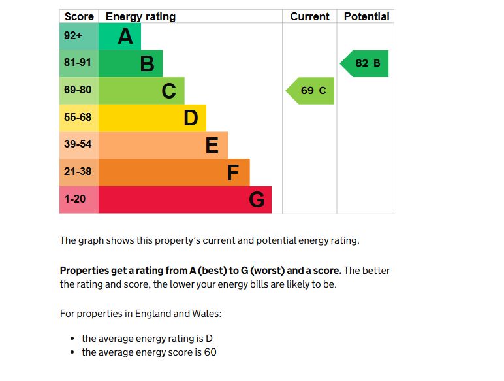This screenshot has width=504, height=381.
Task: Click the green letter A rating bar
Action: pyautogui.click(x=119, y=37)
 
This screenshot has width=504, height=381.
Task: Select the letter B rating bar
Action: pyautogui.click(x=131, y=63)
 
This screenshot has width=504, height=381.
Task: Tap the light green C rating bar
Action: pyautogui.click(x=141, y=91)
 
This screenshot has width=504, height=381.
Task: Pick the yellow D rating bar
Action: pyautogui.click(x=152, y=118)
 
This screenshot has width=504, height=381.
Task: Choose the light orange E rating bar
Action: pyautogui.click(x=163, y=145)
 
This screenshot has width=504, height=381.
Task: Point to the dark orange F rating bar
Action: pyautogui.click(x=174, y=173)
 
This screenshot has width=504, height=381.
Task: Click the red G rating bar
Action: pyautogui.click(x=185, y=199)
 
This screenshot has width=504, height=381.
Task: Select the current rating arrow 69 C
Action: pyautogui.click(x=311, y=91)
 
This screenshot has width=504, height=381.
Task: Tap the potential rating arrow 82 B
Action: pyautogui.click(x=366, y=63)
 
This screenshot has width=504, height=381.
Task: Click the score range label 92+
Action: pyautogui.click(x=73, y=37)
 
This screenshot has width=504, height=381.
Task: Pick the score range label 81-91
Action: pyautogui.click(x=78, y=63)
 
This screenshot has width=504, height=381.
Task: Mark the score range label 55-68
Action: pyautogui.click(x=78, y=118)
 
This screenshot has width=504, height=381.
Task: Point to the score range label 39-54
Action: pyautogui.click(x=78, y=144)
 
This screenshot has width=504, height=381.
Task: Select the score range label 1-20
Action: pyautogui.click(x=75, y=199)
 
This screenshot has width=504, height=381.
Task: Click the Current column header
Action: pyautogui.click(x=309, y=16)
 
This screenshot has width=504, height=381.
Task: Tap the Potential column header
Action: pyautogui.click(x=366, y=16)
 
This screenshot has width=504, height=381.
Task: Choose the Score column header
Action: pyautogui.click(x=79, y=16)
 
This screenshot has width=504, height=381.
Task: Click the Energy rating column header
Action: pyautogui.click(x=140, y=16)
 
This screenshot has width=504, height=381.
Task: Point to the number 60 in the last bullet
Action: pyautogui.click(x=210, y=352)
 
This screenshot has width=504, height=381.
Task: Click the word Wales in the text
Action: pyautogui.click(x=206, y=314)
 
